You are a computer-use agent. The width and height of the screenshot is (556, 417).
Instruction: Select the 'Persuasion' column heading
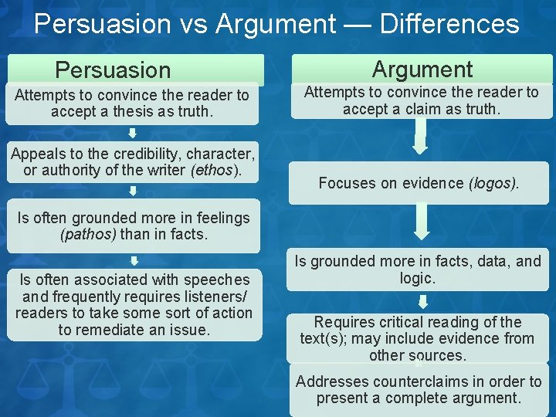pyautogui.click(x=113, y=70)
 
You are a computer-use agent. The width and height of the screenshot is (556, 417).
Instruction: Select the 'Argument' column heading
pyautogui.click(x=422, y=69)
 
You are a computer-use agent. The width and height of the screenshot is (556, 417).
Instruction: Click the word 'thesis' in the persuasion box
pyautogui.click(x=117, y=111)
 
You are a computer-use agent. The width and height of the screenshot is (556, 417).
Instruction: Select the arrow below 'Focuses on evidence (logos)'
pyautogui.click(x=420, y=222)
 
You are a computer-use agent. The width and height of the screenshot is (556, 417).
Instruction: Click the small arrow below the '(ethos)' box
pyautogui.click(x=133, y=190)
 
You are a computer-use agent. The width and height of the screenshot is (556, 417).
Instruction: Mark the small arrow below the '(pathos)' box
pyautogui.click(x=133, y=260)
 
